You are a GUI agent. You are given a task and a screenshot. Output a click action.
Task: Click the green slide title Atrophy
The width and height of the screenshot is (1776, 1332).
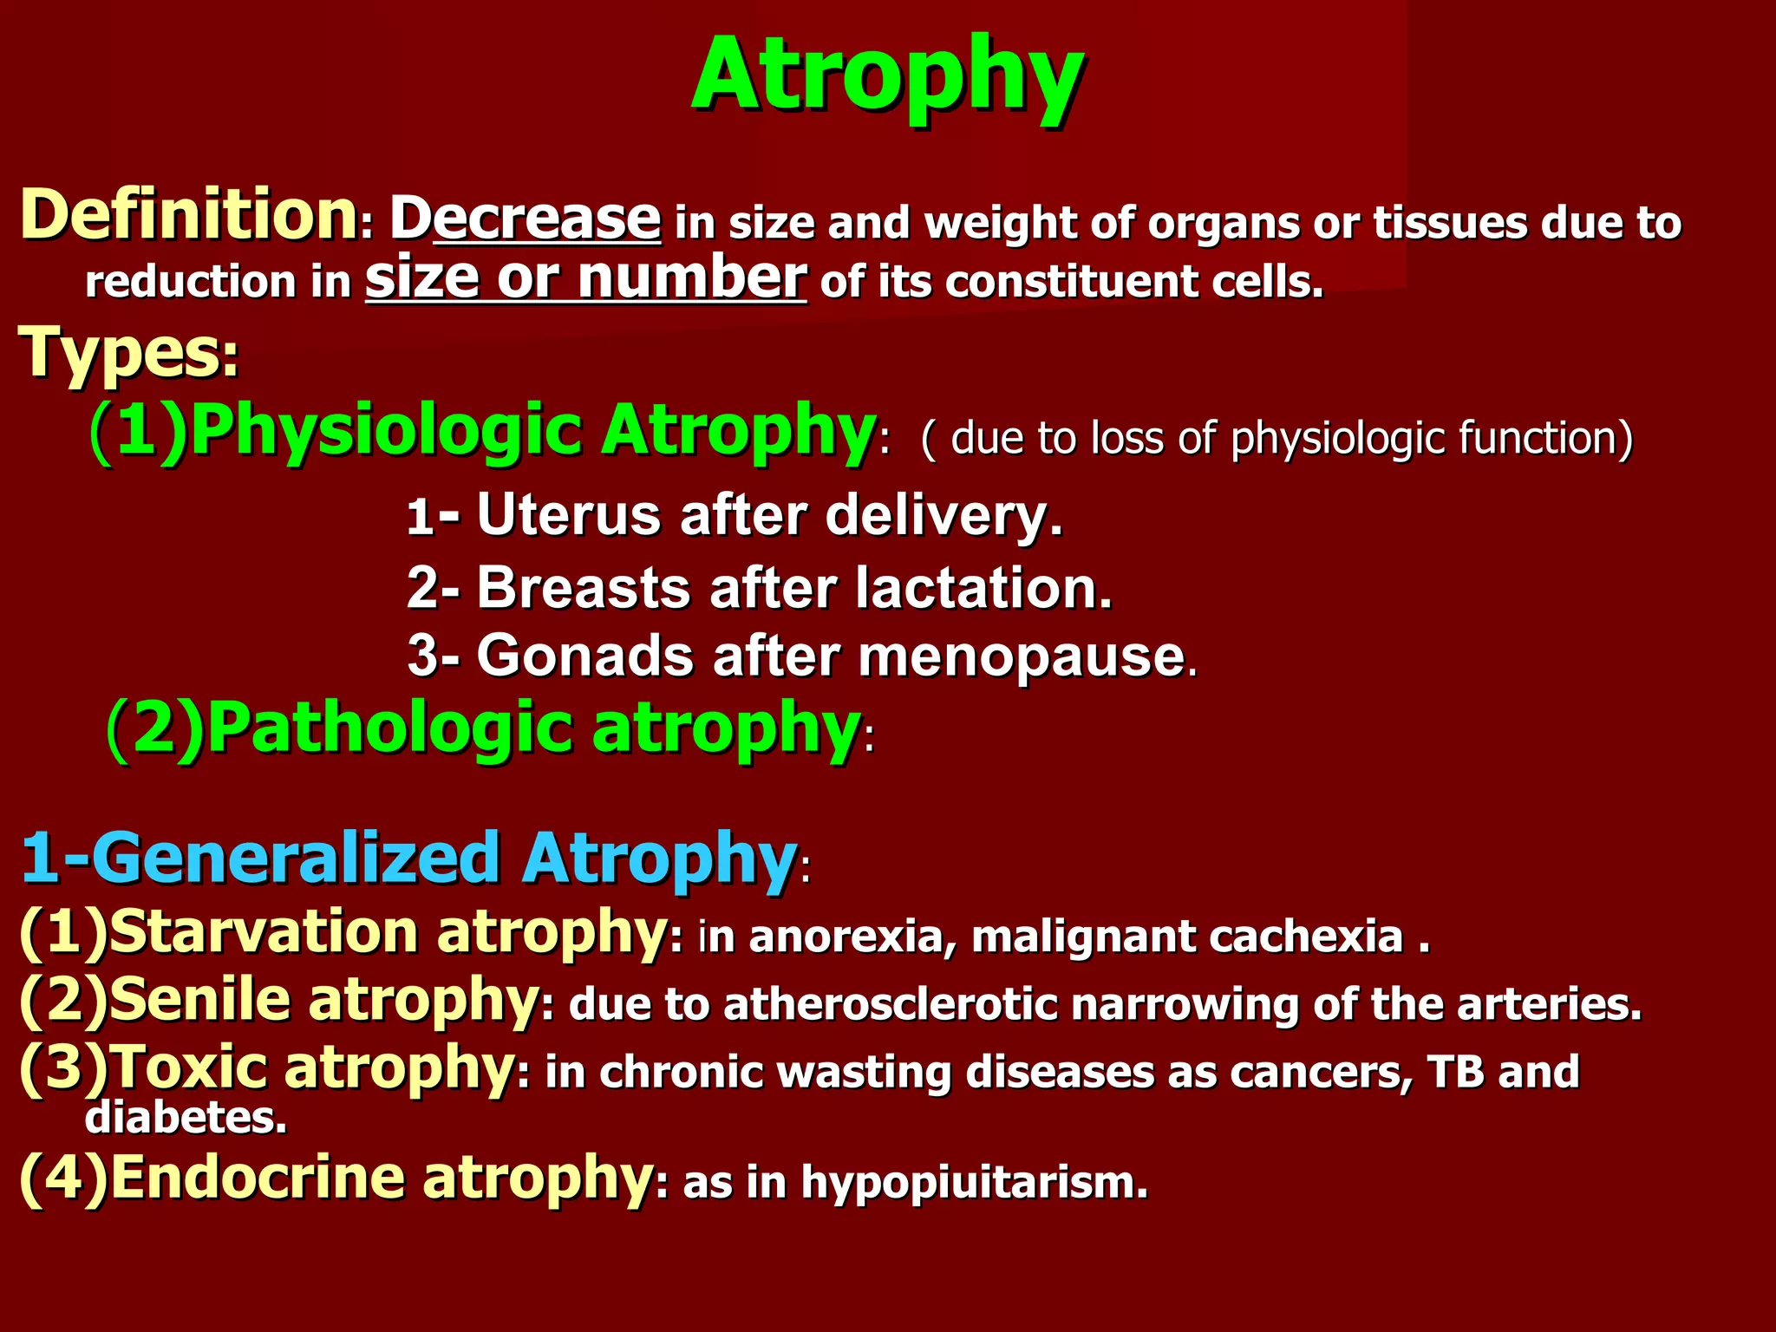point(887,76)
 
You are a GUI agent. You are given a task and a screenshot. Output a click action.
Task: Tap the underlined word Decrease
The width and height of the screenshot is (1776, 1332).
point(526,218)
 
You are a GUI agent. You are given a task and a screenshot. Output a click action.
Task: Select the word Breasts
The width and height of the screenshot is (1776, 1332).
point(583,588)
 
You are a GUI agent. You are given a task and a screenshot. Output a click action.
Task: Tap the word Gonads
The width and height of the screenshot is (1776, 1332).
point(585,656)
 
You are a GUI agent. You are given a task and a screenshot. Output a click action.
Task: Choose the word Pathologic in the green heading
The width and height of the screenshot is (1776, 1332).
point(390,728)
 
